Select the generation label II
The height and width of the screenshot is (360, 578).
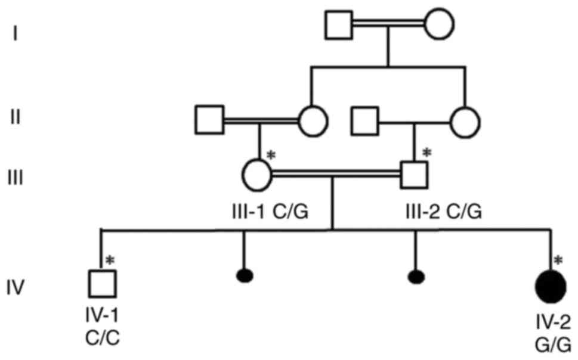click(16, 117)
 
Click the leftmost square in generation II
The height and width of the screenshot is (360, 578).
click(209, 120)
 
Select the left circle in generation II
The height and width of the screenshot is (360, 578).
click(313, 121)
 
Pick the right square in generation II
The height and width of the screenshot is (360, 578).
click(366, 121)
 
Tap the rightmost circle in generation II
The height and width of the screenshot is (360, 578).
click(465, 122)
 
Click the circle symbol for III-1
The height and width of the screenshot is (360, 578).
click(257, 175)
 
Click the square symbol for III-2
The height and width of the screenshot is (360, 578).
click(415, 175)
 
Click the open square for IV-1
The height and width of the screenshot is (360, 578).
click(102, 283)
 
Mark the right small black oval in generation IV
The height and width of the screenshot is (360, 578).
click(416, 276)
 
